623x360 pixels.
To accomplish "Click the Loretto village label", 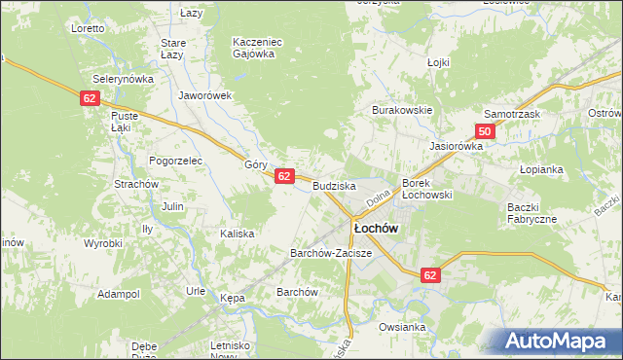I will click(88, 28).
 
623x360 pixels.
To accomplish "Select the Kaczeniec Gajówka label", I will click(256, 49).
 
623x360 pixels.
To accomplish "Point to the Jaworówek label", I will click(203, 95).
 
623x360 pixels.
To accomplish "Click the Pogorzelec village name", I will click(174, 160).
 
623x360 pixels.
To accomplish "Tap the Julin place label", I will click(172, 206).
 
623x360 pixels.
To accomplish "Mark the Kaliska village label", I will click(237, 234).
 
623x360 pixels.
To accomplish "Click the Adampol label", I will click(119, 293).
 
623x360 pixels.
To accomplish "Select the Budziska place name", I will click(334, 185).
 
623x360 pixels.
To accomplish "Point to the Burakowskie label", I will click(401, 111).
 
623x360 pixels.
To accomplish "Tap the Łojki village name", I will click(439, 62).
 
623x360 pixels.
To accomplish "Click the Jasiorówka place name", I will click(457, 146).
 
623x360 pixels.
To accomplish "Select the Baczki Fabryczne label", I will click(531, 213).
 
